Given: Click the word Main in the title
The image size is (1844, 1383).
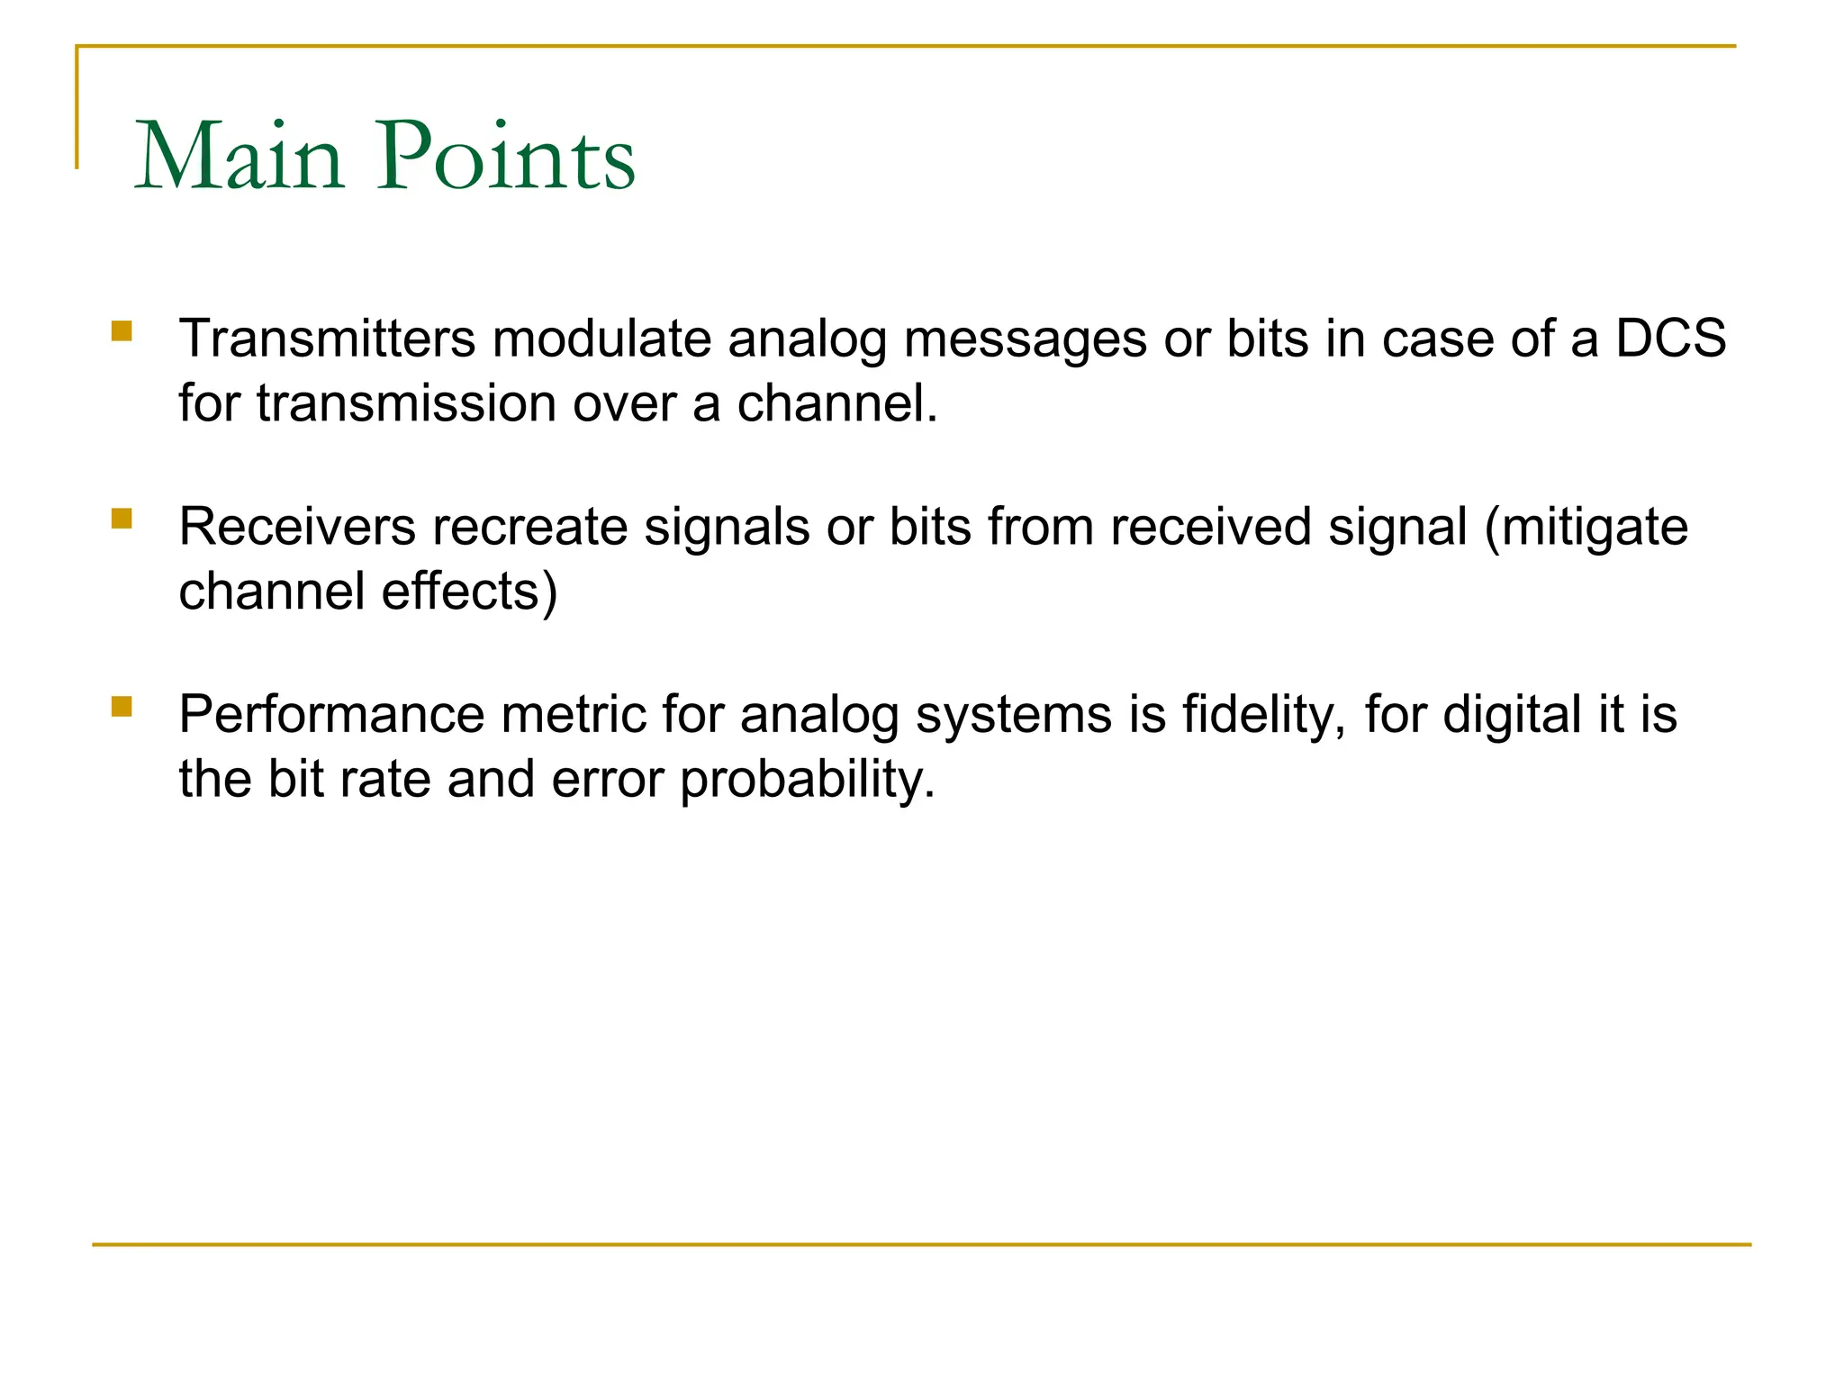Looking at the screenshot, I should tap(240, 157).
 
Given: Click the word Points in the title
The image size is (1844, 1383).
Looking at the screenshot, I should tap(506, 157).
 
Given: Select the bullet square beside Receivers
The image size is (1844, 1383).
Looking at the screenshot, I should tap(122, 519).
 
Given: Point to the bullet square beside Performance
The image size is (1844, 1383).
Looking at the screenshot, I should tap(122, 706).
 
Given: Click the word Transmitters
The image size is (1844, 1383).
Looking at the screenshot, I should tap(327, 339).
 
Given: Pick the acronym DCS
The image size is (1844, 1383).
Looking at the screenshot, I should tap(1670, 339).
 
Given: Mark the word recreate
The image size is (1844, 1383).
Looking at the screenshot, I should tap(529, 527).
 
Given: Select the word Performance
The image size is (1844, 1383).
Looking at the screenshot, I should tap(331, 715).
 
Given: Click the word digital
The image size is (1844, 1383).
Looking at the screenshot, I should tap(1512, 715).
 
